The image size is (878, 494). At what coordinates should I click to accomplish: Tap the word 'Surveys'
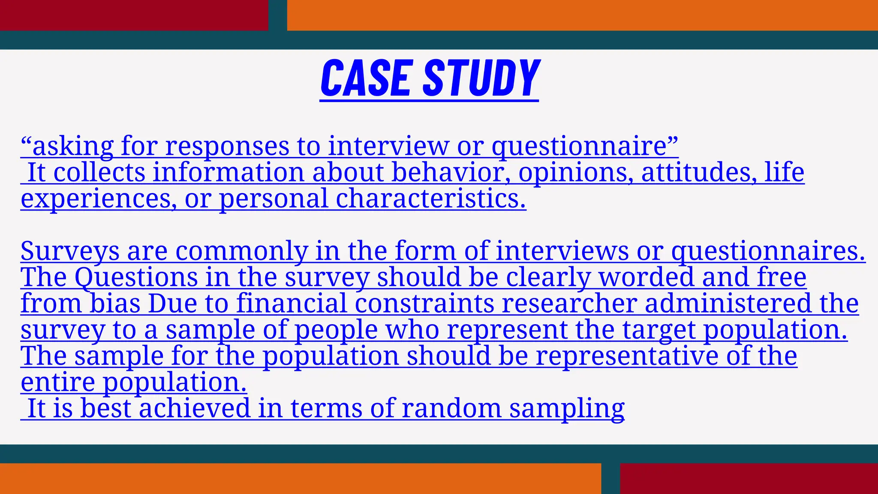coord(69,251)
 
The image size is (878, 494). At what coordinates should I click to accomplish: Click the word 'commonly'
coord(241,251)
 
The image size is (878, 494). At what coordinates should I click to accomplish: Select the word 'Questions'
coord(136,277)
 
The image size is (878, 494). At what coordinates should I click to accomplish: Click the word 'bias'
coord(115,304)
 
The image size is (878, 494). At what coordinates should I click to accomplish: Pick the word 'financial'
coord(291,304)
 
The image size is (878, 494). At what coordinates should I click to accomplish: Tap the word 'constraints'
coord(424,304)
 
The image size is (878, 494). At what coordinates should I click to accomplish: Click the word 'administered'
coord(728,304)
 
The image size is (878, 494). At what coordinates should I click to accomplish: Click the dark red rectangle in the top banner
coord(134,15)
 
